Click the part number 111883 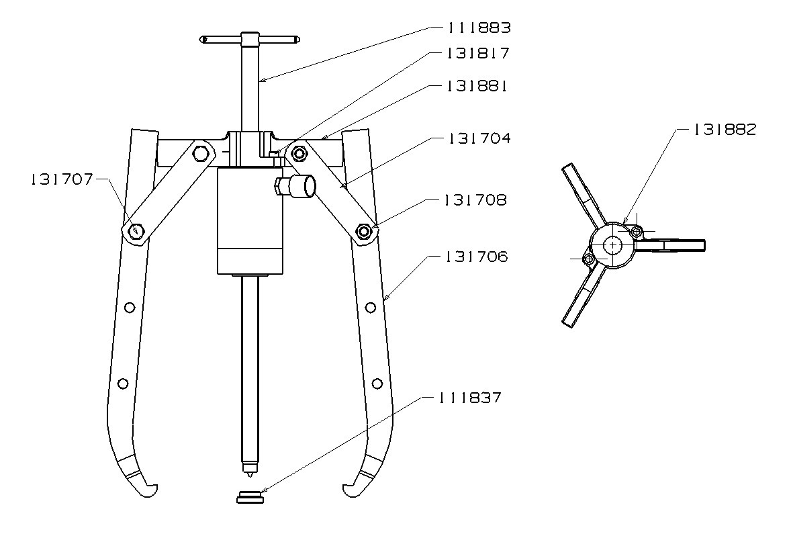coord(479,28)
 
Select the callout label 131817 coord(479,54)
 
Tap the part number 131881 coord(479,87)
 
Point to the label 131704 coord(479,138)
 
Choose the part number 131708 coord(475,200)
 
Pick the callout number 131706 coord(475,257)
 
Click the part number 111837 coord(469,397)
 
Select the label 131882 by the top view coord(725,130)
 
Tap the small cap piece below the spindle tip coord(250,498)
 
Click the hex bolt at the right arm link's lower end coord(365,232)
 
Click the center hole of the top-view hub coord(612,246)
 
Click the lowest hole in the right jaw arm coord(377,383)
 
